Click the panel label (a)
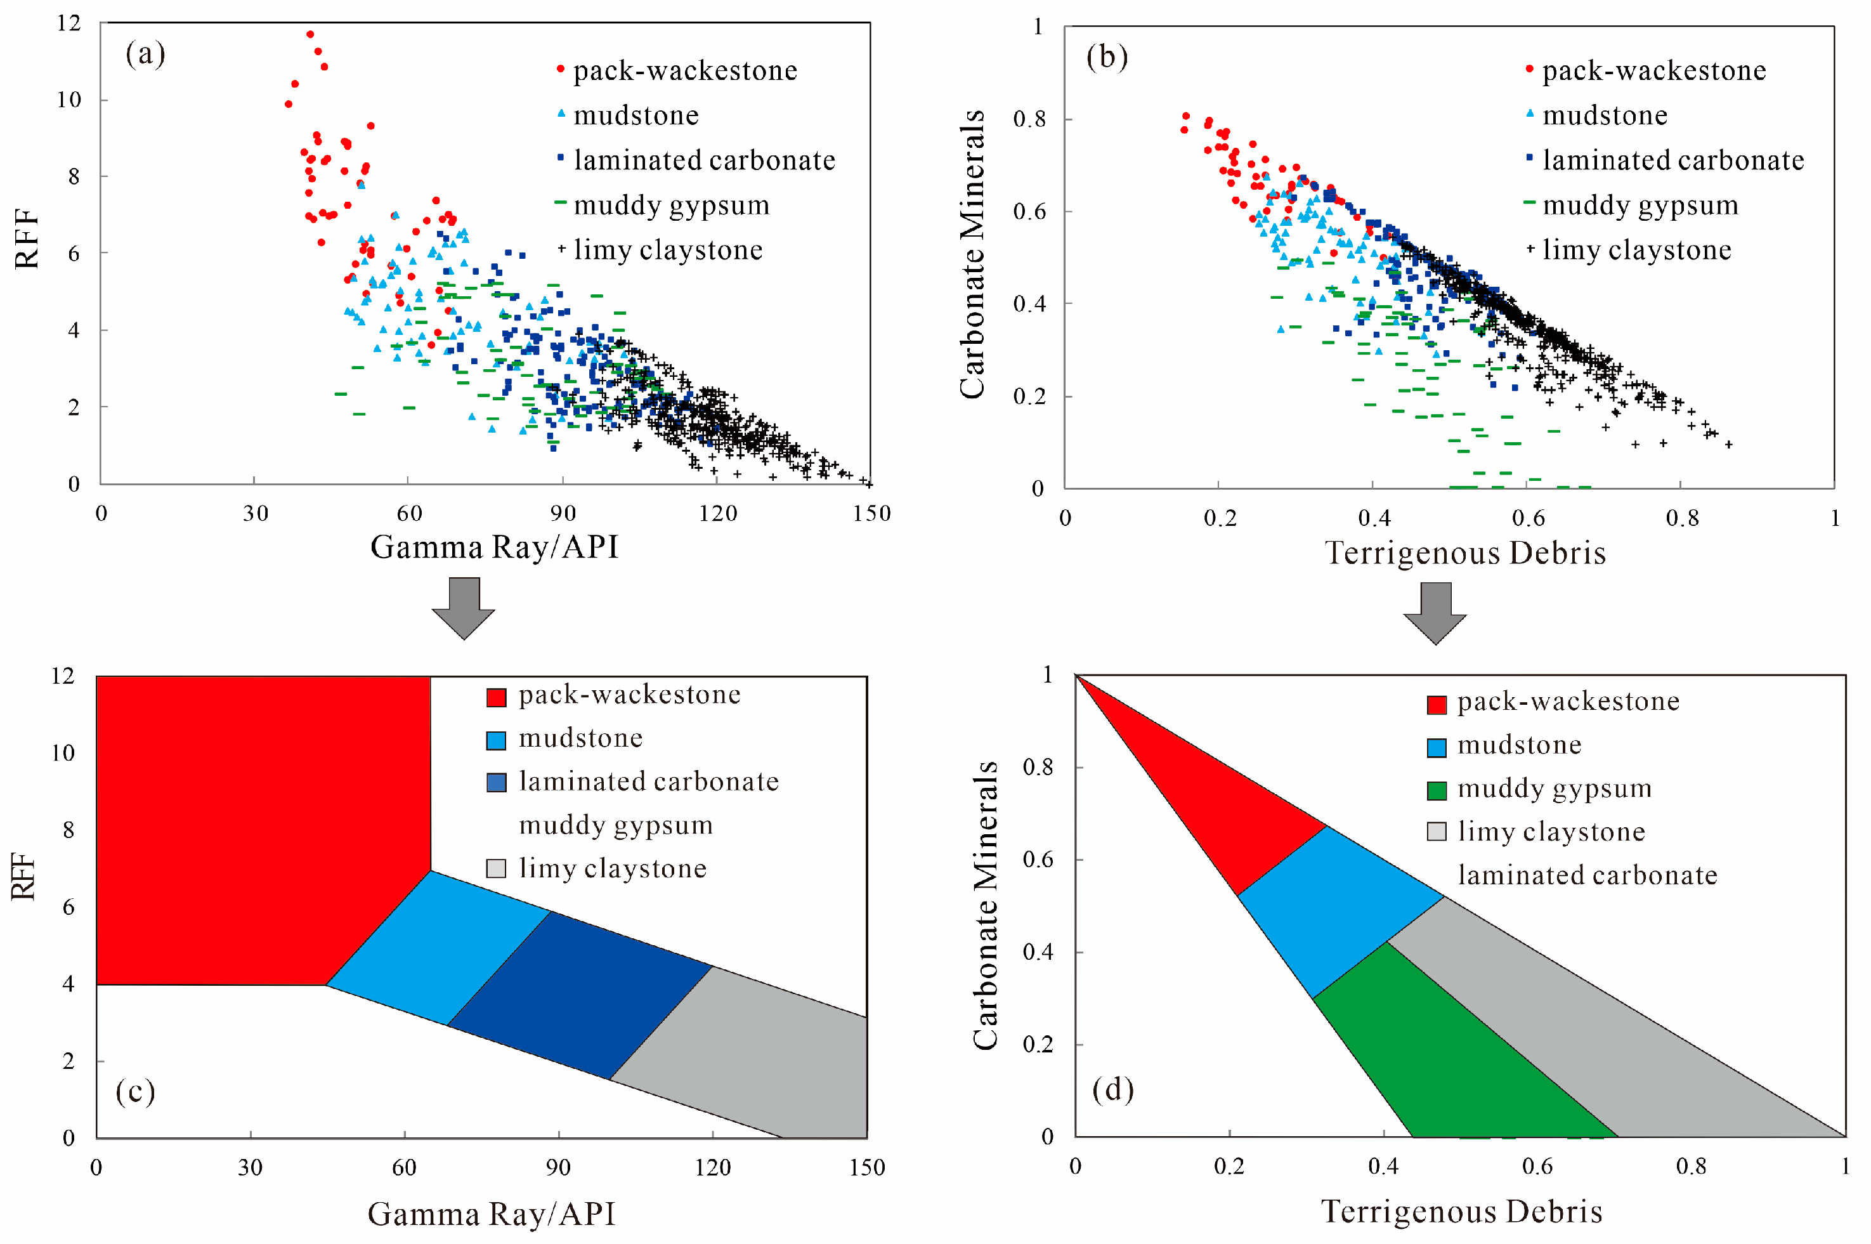click(x=145, y=54)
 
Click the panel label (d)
click(x=1112, y=1089)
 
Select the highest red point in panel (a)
click(x=310, y=34)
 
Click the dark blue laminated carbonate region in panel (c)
click(x=579, y=996)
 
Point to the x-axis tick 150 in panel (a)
click(x=871, y=513)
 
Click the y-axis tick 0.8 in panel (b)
click(x=1029, y=119)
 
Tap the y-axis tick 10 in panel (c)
click(x=63, y=753)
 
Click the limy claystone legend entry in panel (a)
click(x=667, y=250)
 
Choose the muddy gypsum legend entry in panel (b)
click(x=1639, y=206)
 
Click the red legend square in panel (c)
click(x=496, y=697)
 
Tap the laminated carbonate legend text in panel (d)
click(x=1586, y=875)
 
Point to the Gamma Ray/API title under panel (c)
click(x=491, y=1214)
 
